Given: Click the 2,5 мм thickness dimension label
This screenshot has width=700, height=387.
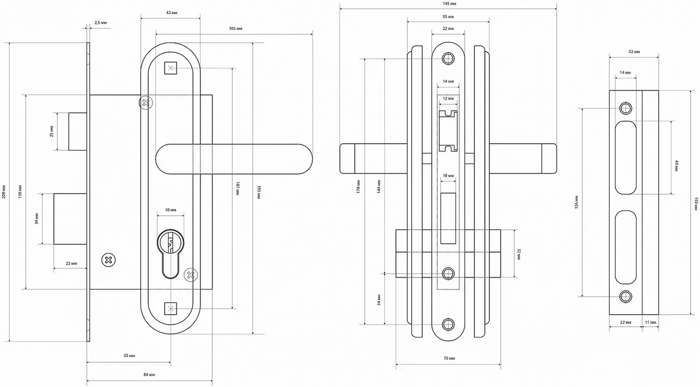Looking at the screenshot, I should [x=100, y=23].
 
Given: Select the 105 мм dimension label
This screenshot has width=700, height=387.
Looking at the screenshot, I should [x=235, y=28].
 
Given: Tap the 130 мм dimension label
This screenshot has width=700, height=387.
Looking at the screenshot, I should [x=20, y=192].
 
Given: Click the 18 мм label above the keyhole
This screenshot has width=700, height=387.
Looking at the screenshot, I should [x=170, y=210].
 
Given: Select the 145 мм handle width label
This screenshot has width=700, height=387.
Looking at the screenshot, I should [x=448, y=3].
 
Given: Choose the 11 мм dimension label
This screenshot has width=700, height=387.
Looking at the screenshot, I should [x=650, y=322].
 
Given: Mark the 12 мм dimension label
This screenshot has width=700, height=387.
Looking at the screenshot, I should [x=448, y=99].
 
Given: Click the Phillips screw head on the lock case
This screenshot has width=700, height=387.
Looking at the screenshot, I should [x=108, y=260].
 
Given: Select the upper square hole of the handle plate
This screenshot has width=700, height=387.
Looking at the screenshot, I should [x=171, y=68].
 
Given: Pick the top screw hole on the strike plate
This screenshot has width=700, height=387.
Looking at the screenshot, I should [x=625, y=108].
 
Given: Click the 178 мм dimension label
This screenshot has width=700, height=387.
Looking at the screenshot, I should [x=359, y=188].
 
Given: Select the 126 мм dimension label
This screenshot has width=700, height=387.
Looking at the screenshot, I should [x=576, y=201].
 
